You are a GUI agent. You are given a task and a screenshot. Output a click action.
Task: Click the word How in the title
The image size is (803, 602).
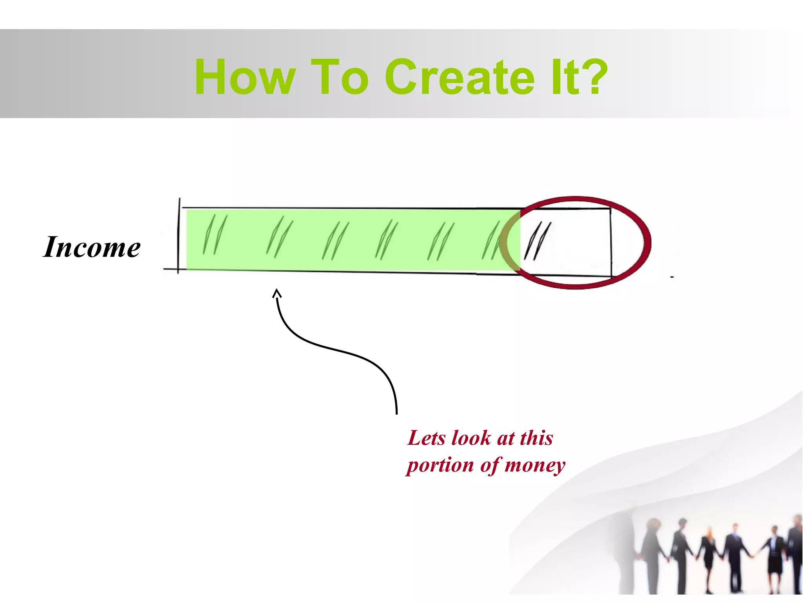(245, 77)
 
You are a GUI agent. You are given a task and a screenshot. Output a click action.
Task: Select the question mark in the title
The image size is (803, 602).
(594, 77)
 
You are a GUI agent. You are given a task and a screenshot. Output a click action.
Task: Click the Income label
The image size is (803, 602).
(92, 247)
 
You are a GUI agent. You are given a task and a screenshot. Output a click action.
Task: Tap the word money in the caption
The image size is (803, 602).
(535, 466)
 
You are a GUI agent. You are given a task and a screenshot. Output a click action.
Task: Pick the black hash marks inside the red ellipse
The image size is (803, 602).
(538, 241)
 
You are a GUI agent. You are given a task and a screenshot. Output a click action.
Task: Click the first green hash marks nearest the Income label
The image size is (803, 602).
(215, 234)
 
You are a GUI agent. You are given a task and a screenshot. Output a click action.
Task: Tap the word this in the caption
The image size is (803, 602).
(536, 438)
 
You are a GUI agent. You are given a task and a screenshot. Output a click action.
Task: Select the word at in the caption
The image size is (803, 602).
(506, 439)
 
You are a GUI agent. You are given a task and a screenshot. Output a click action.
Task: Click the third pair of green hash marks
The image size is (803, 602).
(335, 241)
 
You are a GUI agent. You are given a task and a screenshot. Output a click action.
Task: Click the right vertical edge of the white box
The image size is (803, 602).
(611, 242)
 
